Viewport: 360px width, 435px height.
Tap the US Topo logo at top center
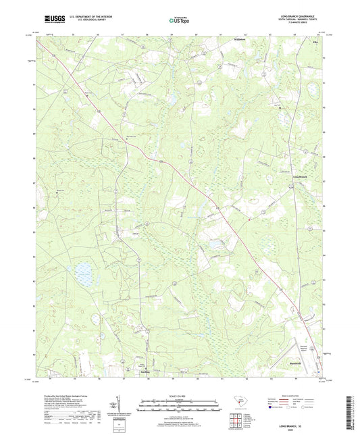[177, 21]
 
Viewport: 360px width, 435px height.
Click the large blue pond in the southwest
[84, 274]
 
